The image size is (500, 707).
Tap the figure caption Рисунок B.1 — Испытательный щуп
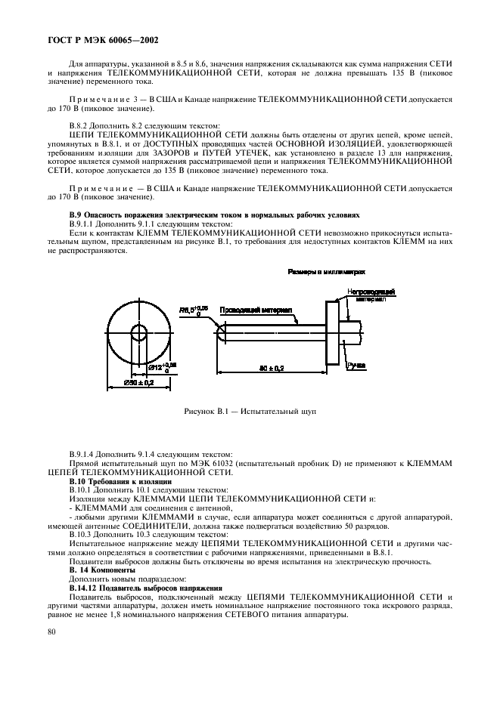(x=250, y=412)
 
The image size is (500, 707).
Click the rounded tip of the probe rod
(x=220, y=331)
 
